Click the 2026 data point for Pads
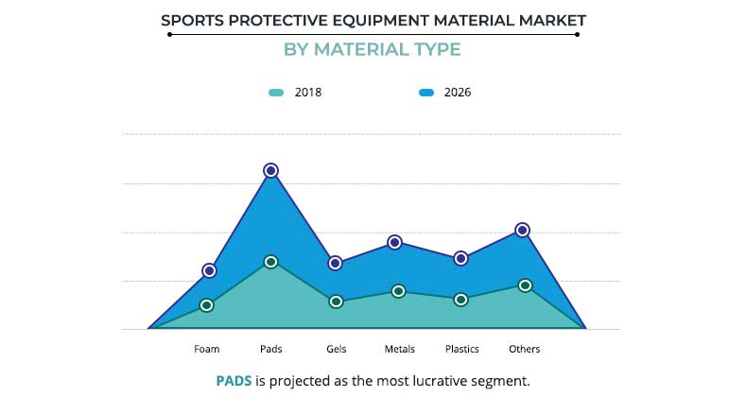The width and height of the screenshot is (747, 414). coord(270,170)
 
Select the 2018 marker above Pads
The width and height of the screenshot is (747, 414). coord(270,262)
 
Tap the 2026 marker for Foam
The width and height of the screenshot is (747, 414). coord(209,271)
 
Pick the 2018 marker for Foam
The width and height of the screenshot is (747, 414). coord(206,305)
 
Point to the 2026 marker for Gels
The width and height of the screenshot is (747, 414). coord(335,263)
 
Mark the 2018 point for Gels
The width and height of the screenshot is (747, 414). coord(335,302)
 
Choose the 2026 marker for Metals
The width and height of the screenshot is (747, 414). coord(395,243)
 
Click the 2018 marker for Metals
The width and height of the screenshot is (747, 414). coord(399,291)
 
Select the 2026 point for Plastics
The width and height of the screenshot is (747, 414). coord(460,258)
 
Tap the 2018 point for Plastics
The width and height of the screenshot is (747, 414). coord(460,300)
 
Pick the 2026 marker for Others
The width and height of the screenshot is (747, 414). coord(522,230)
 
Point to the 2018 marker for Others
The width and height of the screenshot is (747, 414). coord(525,285)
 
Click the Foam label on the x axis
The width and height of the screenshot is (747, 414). coord(207,349)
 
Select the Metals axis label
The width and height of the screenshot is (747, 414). coord(400,349)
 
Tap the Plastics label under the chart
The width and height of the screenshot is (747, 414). coord(462,349)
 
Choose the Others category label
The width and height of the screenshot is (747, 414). coord(525,349)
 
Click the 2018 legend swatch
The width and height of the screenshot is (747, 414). coord(276,93)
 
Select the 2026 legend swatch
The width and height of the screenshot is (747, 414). coord(426,93)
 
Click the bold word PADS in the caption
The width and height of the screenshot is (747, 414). coord(234,382)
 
